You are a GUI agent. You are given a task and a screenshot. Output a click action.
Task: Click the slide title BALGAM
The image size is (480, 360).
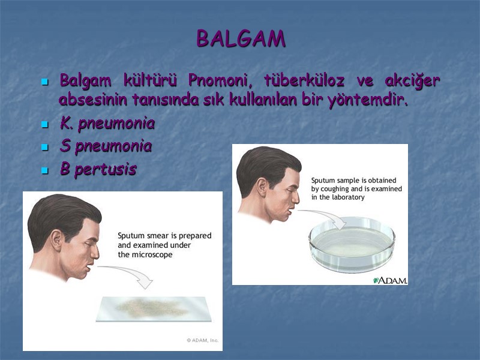click(x=241, y=39)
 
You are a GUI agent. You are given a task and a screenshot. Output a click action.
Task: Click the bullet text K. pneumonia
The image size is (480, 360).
click(x=107, y=124)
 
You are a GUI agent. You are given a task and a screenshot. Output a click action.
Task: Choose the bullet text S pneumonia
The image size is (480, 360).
click(x=106, y=146)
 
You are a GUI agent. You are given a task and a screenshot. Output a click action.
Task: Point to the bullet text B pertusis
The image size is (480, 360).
click(x=98, y=170)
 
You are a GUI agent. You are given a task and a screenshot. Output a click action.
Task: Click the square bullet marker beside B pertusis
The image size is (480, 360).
click(x=44, y=171)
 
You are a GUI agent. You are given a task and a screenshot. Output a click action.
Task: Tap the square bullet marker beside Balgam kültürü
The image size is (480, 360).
click(x=44, y=82)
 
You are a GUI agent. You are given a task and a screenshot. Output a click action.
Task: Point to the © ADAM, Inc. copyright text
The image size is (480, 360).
click(x=202, y=340)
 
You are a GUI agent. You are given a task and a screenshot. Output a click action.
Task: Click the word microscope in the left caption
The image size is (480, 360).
click(x=152, y=254)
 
